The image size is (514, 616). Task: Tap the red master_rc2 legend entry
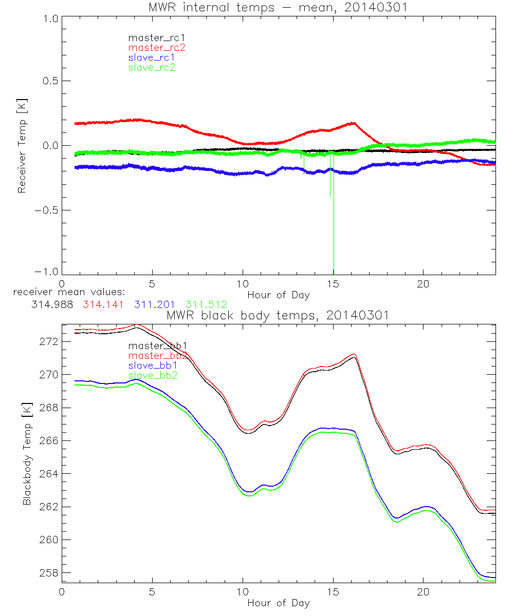(157, 47)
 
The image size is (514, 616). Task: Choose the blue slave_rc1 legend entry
(152, 57)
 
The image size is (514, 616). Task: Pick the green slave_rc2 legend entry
(152, 67)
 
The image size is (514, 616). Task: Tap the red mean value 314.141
(103, 305)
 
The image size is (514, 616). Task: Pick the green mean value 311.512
(206, 305)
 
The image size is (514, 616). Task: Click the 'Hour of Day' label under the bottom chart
(278, 603)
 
